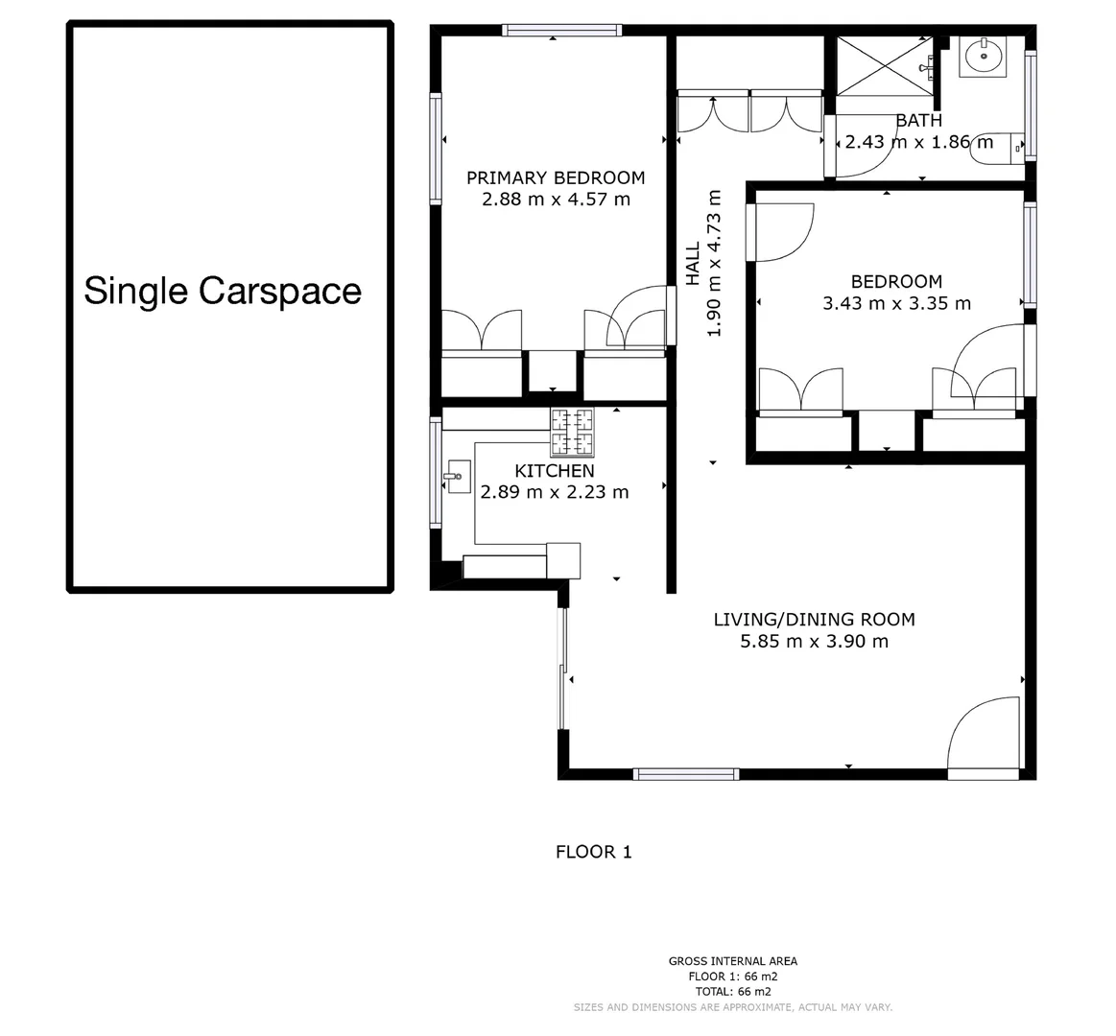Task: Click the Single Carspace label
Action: click(223, 291)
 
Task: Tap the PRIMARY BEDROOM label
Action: click(555, 177)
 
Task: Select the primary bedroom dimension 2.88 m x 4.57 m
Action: click(555, 200)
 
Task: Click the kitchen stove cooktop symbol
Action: click(572, 432)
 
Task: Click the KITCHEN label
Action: click(554, 471)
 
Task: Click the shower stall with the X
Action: click(883, 65)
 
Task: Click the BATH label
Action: click(918, 121)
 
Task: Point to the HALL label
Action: click(693, 263)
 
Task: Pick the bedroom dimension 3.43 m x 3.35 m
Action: click(896, 303)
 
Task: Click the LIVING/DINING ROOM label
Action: click(814, 619)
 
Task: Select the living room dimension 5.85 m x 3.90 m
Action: click(814, 641)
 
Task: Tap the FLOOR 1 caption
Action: click(594, 851)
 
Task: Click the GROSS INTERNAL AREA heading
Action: click(732, 961)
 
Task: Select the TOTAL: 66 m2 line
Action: click(732, 992)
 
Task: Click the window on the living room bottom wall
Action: click(686, 773)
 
